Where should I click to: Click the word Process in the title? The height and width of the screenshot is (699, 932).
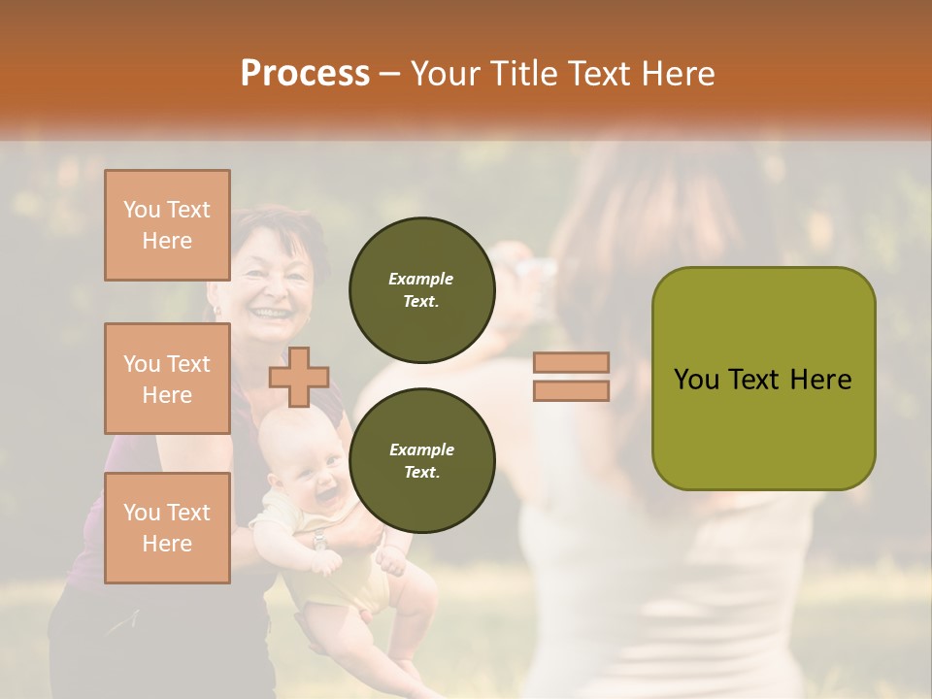point(305,73)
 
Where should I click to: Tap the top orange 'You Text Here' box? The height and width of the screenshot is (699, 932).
point(167,225)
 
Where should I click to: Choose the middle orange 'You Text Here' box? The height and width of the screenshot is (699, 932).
point(167,379)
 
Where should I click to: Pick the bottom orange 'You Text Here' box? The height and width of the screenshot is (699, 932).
point(167,528)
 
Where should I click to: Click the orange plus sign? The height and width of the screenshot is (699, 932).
point(299,377)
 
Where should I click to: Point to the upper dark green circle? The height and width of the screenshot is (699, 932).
point(421,290)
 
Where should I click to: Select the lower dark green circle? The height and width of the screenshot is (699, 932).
point(421,461)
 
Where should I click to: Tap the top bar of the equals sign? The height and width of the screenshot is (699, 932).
point(571,363)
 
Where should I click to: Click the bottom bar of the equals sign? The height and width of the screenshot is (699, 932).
point(571,391)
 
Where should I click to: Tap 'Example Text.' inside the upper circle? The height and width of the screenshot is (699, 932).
point(421,290)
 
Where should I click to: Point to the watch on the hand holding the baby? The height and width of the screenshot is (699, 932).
point(319,541)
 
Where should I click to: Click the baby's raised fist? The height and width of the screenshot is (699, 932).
point(391,561)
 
